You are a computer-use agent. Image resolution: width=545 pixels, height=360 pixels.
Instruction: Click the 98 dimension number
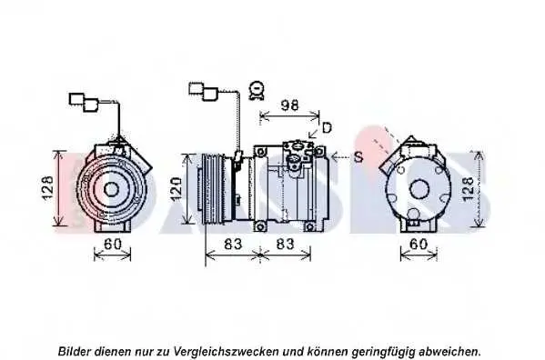tap(289, 105)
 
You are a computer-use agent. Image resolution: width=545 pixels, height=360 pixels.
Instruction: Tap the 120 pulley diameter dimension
tap(176, 189)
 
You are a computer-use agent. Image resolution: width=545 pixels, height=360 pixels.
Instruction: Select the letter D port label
tap(327, 128)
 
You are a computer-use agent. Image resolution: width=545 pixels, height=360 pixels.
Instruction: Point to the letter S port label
tap(358, 157)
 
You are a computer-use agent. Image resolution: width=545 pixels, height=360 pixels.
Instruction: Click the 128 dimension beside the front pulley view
tap(48, 188)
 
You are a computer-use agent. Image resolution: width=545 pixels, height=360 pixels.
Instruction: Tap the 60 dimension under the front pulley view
tap(113, 244)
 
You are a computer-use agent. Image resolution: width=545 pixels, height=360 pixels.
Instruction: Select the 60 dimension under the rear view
tap(419, 244)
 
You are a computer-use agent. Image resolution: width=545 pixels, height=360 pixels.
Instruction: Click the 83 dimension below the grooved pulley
tap(233, 244)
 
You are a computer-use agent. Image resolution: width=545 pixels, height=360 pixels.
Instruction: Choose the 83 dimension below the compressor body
tap(285, 244)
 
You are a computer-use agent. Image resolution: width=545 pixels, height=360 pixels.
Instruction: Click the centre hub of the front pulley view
tap(111, 190)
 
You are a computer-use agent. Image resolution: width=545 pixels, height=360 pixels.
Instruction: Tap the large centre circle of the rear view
tap(419, 190)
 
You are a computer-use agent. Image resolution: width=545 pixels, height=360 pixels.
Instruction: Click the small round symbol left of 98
tap(257, 90)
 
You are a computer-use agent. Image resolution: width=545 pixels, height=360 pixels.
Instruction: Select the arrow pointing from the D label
tap(314, 132)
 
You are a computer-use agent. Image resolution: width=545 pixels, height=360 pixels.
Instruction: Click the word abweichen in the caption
tap(448, 351)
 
